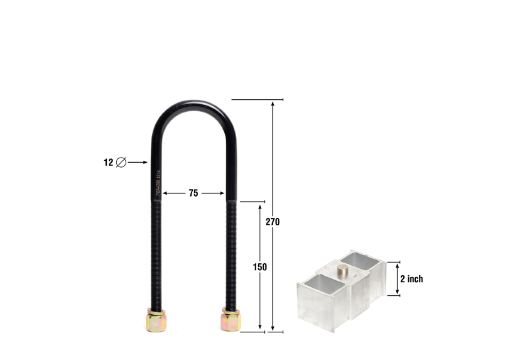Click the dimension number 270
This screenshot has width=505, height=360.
click(x=273, y=222)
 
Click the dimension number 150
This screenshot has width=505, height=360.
click(x=260, y=266)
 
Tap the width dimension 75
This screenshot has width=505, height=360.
click(x=193, y=194)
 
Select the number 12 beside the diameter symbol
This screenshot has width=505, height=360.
click(x=108, y=162)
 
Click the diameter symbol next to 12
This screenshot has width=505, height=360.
click(x=121, y=162)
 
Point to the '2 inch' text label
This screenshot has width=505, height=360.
click(x=411, y=279)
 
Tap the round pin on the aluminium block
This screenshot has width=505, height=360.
click(x=343, y=271)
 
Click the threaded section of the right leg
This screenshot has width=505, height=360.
click(x=231, y=251)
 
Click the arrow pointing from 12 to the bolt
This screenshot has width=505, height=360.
click(x=138, y=162)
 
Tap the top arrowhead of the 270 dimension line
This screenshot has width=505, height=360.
click(x=273, y=103)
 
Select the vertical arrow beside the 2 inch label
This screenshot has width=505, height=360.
click(x=396, y=278)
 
